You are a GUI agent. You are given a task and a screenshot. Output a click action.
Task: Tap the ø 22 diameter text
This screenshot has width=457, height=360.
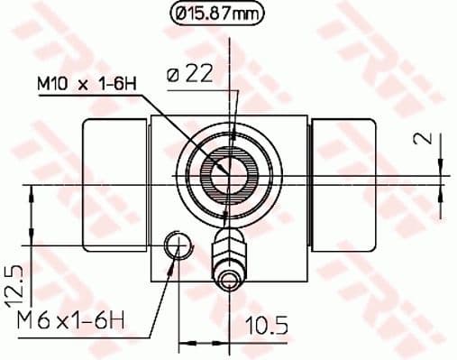point(191,76)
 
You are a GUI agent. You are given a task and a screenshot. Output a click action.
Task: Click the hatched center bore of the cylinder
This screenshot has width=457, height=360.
point(225,171)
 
